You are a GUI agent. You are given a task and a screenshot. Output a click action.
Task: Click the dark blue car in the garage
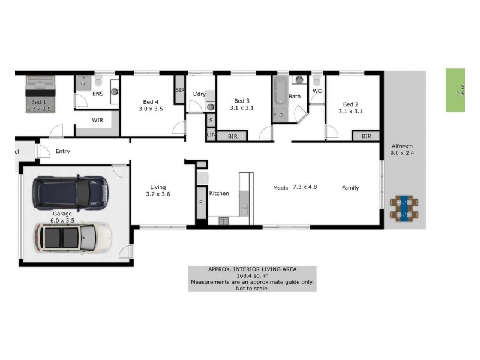coord(70,191)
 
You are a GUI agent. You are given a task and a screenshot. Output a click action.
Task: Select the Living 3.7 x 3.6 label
coord(158,190)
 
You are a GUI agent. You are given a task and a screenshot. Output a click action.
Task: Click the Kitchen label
coord(219,193)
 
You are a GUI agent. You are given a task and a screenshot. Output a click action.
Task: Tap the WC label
coord(317,91)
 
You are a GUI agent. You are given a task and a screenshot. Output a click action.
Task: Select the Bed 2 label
coord(350,107)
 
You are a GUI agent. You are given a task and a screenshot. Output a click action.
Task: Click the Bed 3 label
coord(242,104)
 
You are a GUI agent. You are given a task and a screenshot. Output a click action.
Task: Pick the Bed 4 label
coord(151,105)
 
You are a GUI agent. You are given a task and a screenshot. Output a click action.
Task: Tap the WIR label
coord(98,120)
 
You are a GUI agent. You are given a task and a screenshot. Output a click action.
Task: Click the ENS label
coord(98,94)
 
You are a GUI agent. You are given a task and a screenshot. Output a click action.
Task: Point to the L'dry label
coord(199,94)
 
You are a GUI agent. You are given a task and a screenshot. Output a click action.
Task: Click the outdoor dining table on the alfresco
coord(405,208)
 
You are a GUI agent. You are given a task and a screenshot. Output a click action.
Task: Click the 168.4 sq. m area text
coord(252,275)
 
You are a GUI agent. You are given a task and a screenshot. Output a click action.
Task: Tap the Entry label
coord(62,151)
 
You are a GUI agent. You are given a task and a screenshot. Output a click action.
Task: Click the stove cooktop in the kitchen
coord(223,221)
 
